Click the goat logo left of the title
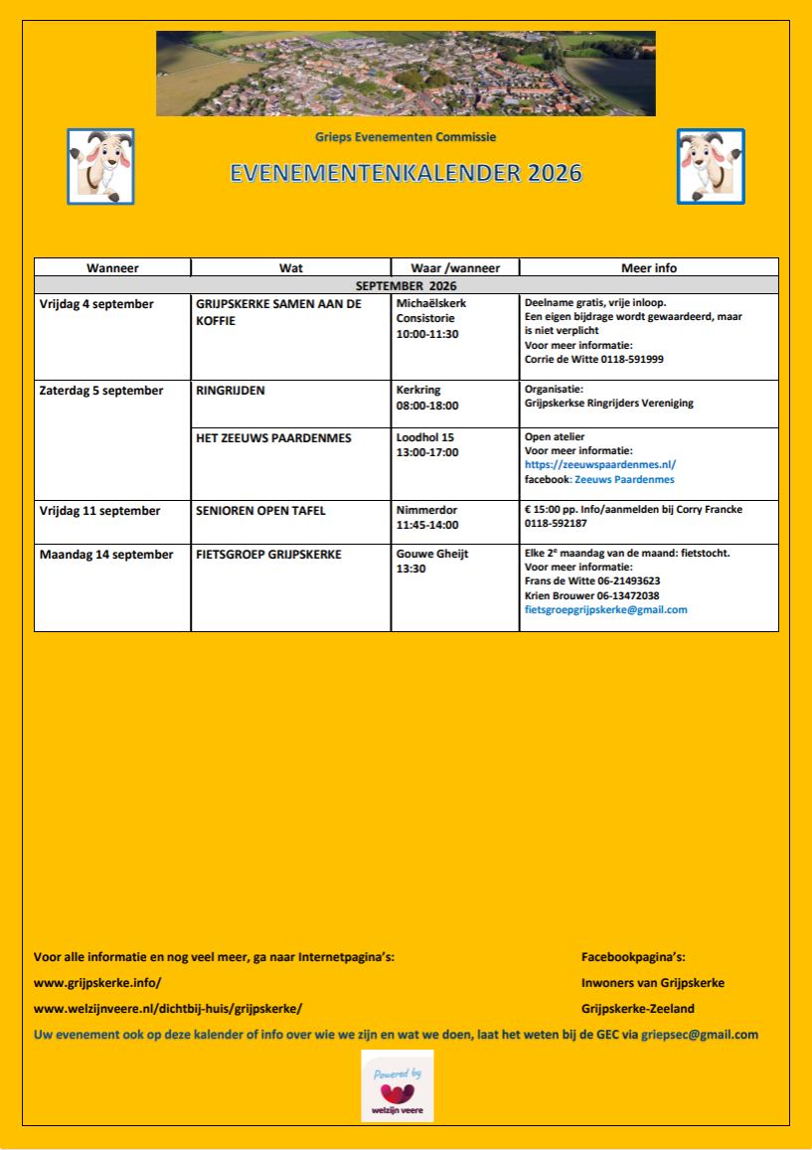[x=100, y=166]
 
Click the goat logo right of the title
[x=710, y=166]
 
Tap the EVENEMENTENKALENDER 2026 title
[x=406, y=173]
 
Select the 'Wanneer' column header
[x=112, y=267]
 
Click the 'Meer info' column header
[x=648, y=267]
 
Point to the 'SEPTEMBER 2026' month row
[x=406, y=285]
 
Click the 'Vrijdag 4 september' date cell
[x=96, y=303]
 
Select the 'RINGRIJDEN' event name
[x=231, y=391]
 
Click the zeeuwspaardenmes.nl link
[x=600, y=464]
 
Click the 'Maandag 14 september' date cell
[x=106, y=555]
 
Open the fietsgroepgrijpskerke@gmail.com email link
[x=605, y=609]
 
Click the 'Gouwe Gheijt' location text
[x=431, y=555]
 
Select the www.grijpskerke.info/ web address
[x=97, y=982]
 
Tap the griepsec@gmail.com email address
[x=700, y=1034]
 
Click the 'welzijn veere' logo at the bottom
[x=398, y=1085]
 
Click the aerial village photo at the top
[x=406, y=74]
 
